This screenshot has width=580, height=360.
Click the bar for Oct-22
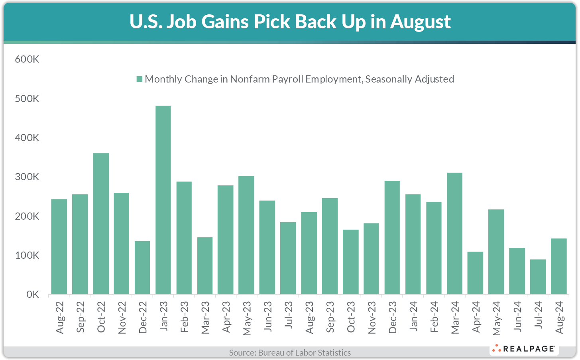pos(101,224)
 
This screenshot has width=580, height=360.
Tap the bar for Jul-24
pos(538,277)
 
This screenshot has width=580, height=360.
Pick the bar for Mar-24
pos(455,234)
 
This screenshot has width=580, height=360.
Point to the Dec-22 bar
pos(142,268)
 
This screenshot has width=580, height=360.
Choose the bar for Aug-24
pos(558,266)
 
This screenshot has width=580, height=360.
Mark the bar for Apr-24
pos(475,273)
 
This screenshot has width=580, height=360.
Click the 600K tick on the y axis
pos(27,59)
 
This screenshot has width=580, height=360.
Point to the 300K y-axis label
pos(27,177)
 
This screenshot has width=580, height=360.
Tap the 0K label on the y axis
pos(33,295)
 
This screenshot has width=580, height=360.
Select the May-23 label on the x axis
pos(247,318)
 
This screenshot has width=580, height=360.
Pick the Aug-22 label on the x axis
pos(60,318)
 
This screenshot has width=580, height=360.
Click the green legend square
pos(139,79)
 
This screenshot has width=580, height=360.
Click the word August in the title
pos(421,22)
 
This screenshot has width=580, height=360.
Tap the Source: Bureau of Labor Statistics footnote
pos(290,352)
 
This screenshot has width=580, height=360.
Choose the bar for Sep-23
pos(330,246)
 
